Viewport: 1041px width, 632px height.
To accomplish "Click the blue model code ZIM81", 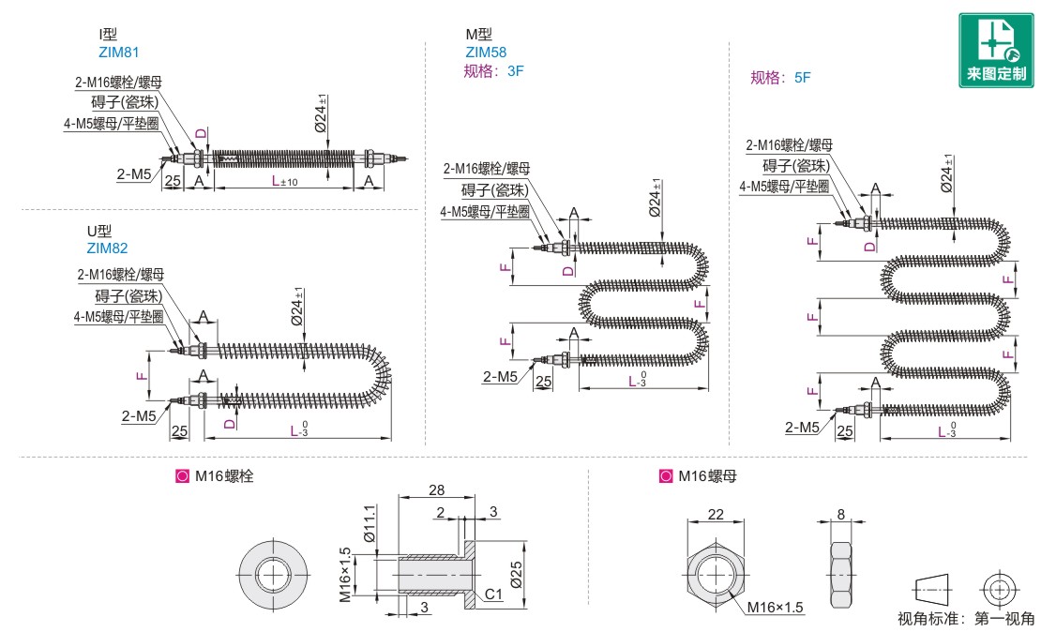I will pyautogui.click(x=118, y=53).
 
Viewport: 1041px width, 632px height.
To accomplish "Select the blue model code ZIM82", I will pyautogui.click(x=107, y=248).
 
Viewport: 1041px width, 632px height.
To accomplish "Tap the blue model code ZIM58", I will pyautogui.click(x=486, y=53).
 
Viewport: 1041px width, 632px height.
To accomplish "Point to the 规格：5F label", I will pyautogui.click(x=780, y=79).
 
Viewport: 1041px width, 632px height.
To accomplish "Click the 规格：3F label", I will pyautogui.click(x=493, y=70).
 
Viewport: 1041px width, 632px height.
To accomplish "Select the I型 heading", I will pyautogui.click(x=108, y=35).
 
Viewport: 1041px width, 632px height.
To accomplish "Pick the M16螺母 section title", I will pyautogui.click(x=705, y=476).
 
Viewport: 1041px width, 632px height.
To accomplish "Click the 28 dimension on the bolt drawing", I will pyautogui.click(x=437, y=490).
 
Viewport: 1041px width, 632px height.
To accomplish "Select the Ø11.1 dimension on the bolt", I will pyautogui.click(x=369, y=523).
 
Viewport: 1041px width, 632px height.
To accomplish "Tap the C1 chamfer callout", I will pyautogui.click(x=495, y=594).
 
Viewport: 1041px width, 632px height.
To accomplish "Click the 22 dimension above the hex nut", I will pyautogui.click(x=716, y=513).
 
